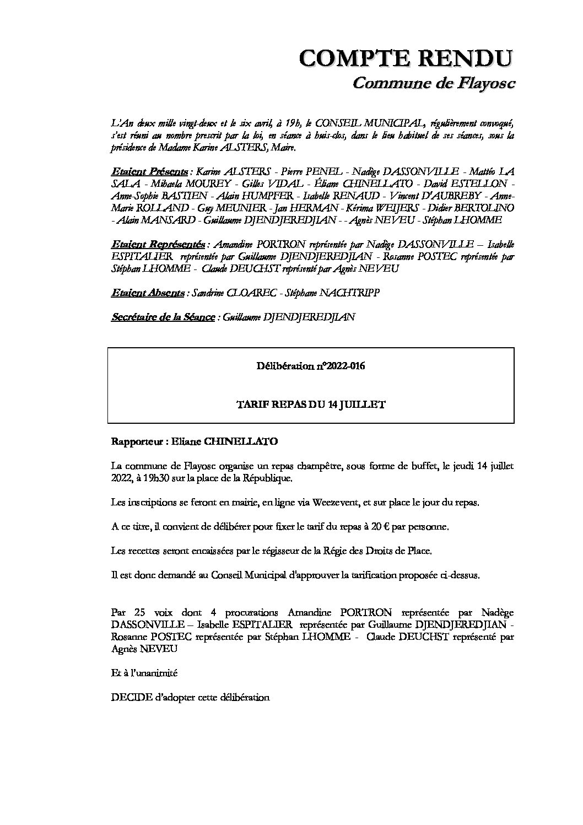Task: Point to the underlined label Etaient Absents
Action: click(x=147, y=293)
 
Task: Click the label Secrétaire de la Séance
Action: click(x=163, y=317)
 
